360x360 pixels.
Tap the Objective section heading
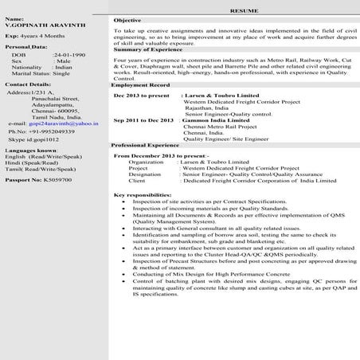point(127,18)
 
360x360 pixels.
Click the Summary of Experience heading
point(148,49)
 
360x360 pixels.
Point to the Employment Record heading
point(141,84)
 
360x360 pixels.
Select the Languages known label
point(31,150)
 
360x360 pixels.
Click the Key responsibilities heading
point(143,195)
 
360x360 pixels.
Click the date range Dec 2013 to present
point(143,95)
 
